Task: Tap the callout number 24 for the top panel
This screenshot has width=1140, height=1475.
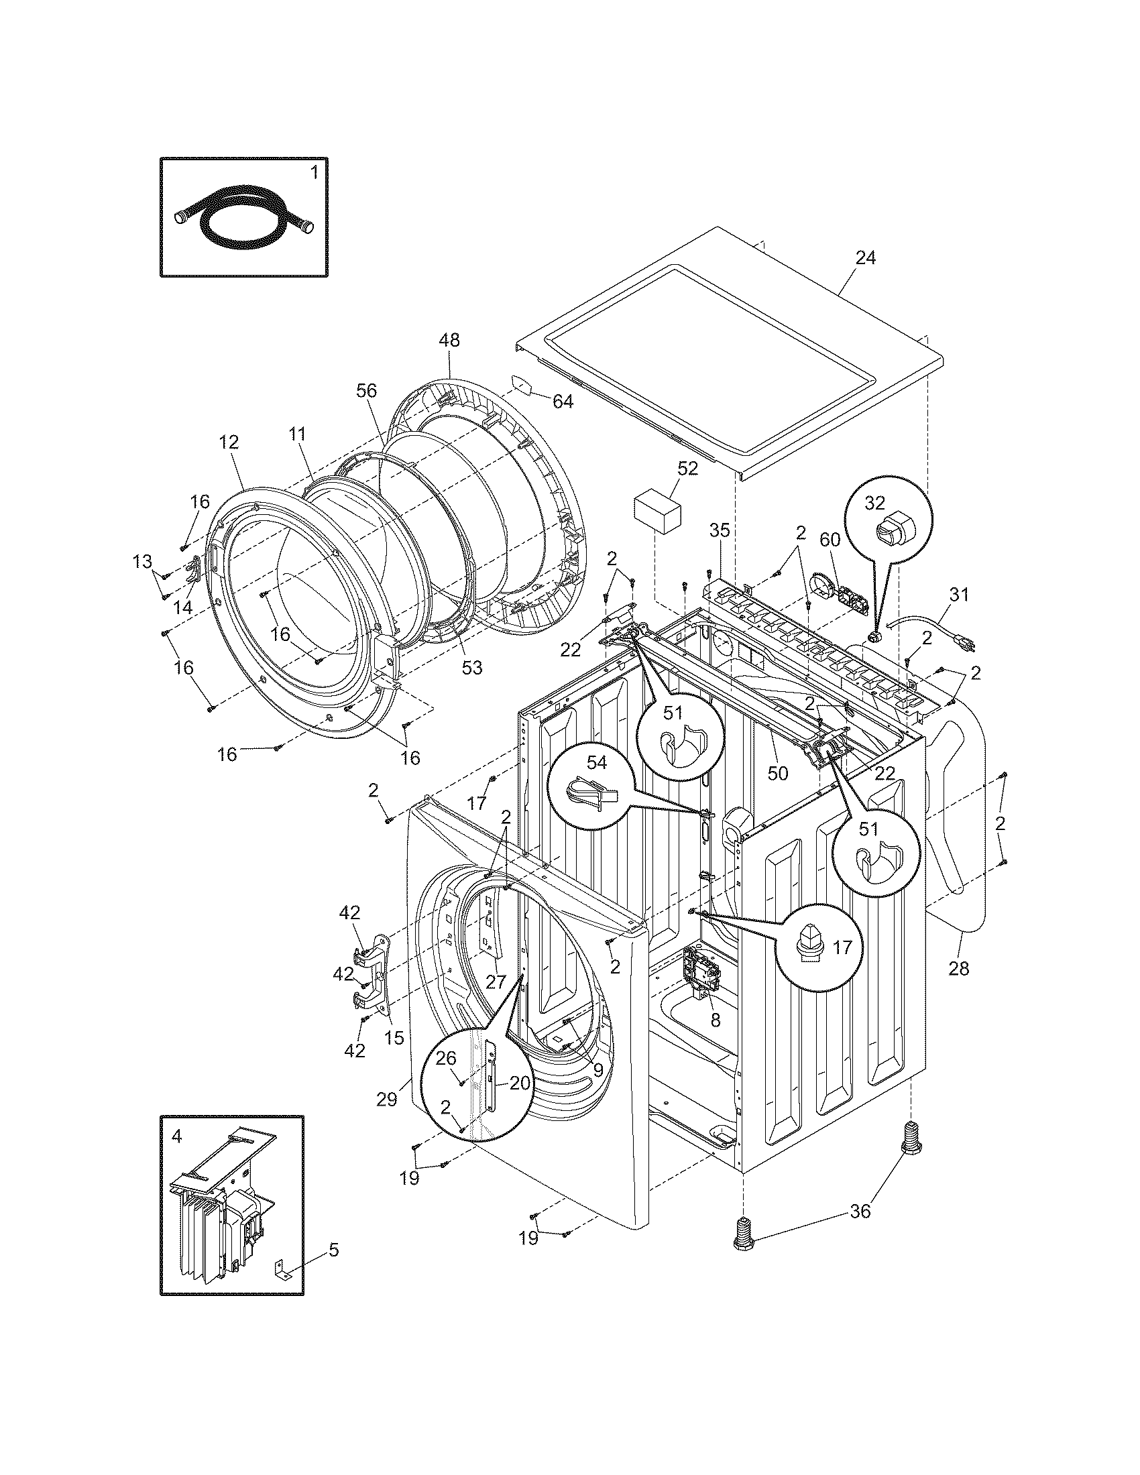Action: tap(866, 258)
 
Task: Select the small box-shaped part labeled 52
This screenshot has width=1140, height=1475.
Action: tap(657, 515)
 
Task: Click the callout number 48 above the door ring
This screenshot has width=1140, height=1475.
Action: tap(449, 341)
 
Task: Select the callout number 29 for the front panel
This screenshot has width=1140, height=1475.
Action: tap(387, 1100)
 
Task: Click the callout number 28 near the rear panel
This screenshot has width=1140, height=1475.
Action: tap(958, 969)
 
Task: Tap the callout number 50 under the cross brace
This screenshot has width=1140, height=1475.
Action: tap(778, 773)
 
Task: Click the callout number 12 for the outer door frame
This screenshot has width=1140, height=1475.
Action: tap(229, 442)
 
